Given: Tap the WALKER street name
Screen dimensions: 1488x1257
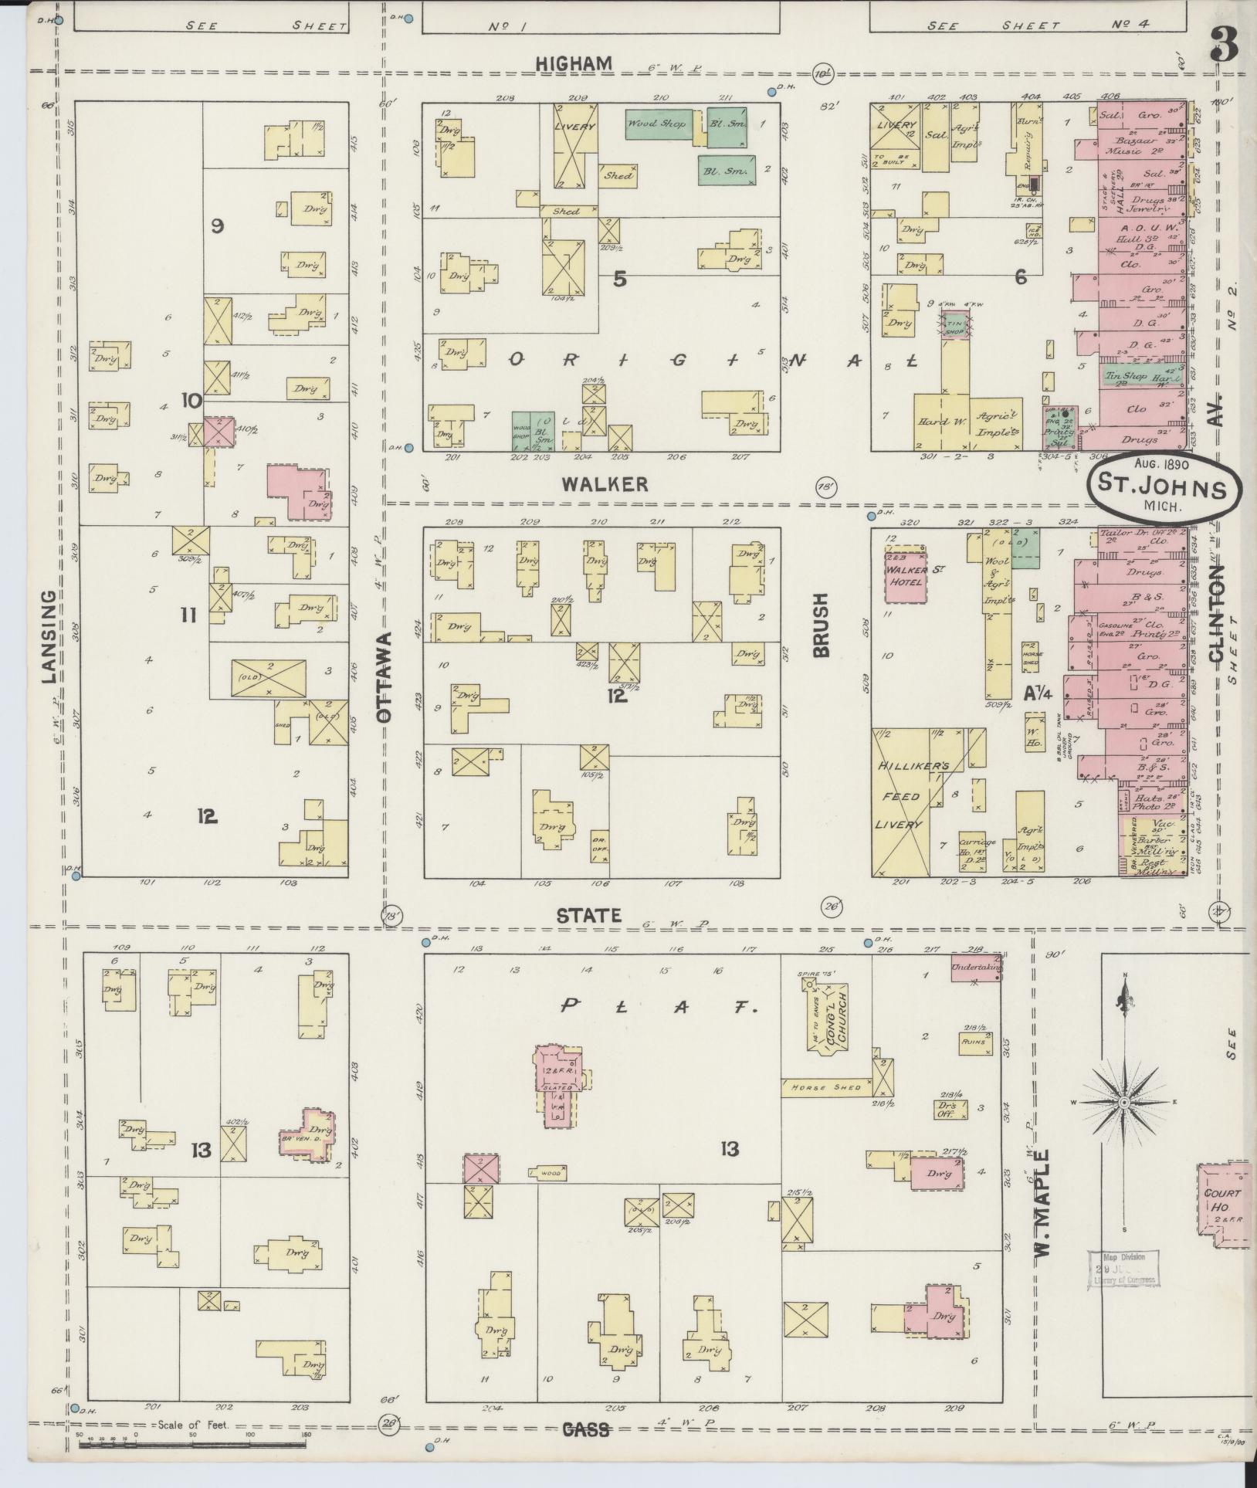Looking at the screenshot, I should (605, 484).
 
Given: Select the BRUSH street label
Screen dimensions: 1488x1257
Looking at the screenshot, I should (819, 625).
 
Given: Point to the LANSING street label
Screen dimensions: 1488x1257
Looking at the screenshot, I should (49, 636).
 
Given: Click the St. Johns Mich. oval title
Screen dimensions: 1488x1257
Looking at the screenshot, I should (1164, 488).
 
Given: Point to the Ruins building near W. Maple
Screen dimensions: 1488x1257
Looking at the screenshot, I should (972, 1042).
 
